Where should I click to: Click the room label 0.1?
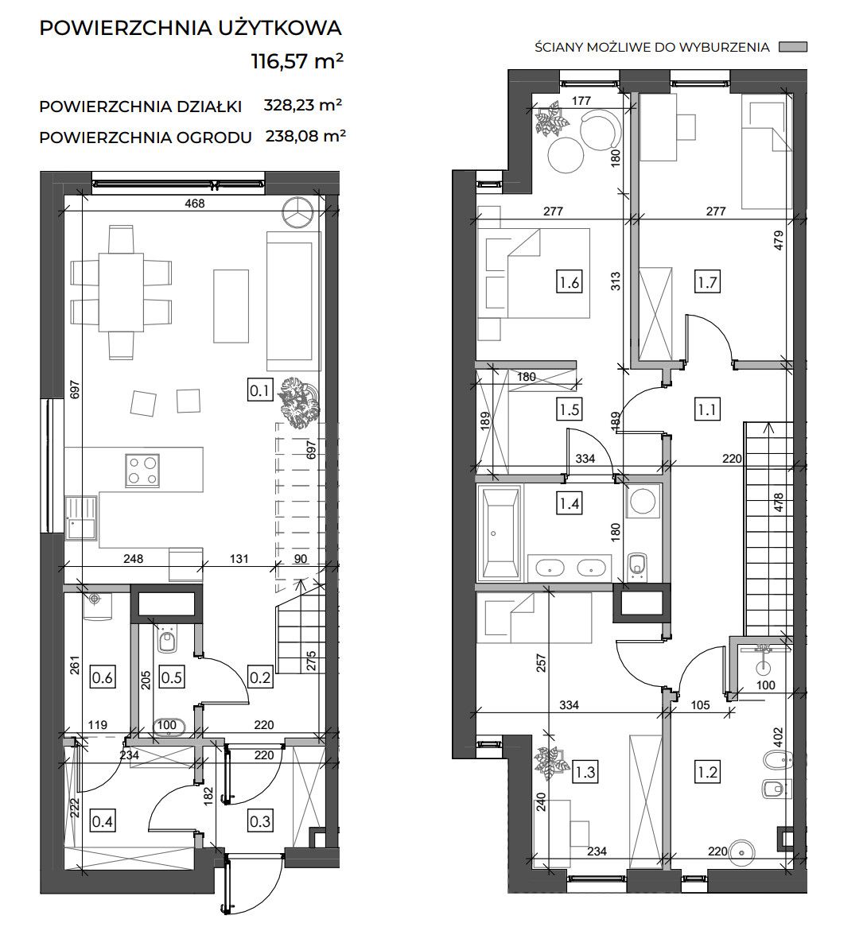pyautogui.click(x=259, y=391)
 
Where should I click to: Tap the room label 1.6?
pyautogui.click(x=569, y=282)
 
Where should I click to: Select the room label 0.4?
pyautogui.click(x=103, y=821)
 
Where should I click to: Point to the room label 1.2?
pyautogui.click(x=707, y=772)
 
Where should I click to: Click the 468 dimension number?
pyautogui.click(x=195, y=204)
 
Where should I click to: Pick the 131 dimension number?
pyautogui.click(x=239, y=559)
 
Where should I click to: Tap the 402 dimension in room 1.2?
pyautogui.click(x=778, y=738)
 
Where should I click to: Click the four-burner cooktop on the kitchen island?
pyautogui.click(x=142, y=471)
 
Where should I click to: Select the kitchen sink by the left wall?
pyautogui.click(x=80, y=518)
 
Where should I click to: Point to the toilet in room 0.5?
pyautogui.click(x=167, y=640)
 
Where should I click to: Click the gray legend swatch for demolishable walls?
pyautogui.click(x=792, y=47)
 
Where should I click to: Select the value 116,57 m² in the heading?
pyautogui.click(x=297, y=60)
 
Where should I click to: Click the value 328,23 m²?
pyautogui.click(x=303, y=105)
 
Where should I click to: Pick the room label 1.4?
pyautogui.click(x=569, y=504)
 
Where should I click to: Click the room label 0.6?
pyautogui.click(x=103, y=677)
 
